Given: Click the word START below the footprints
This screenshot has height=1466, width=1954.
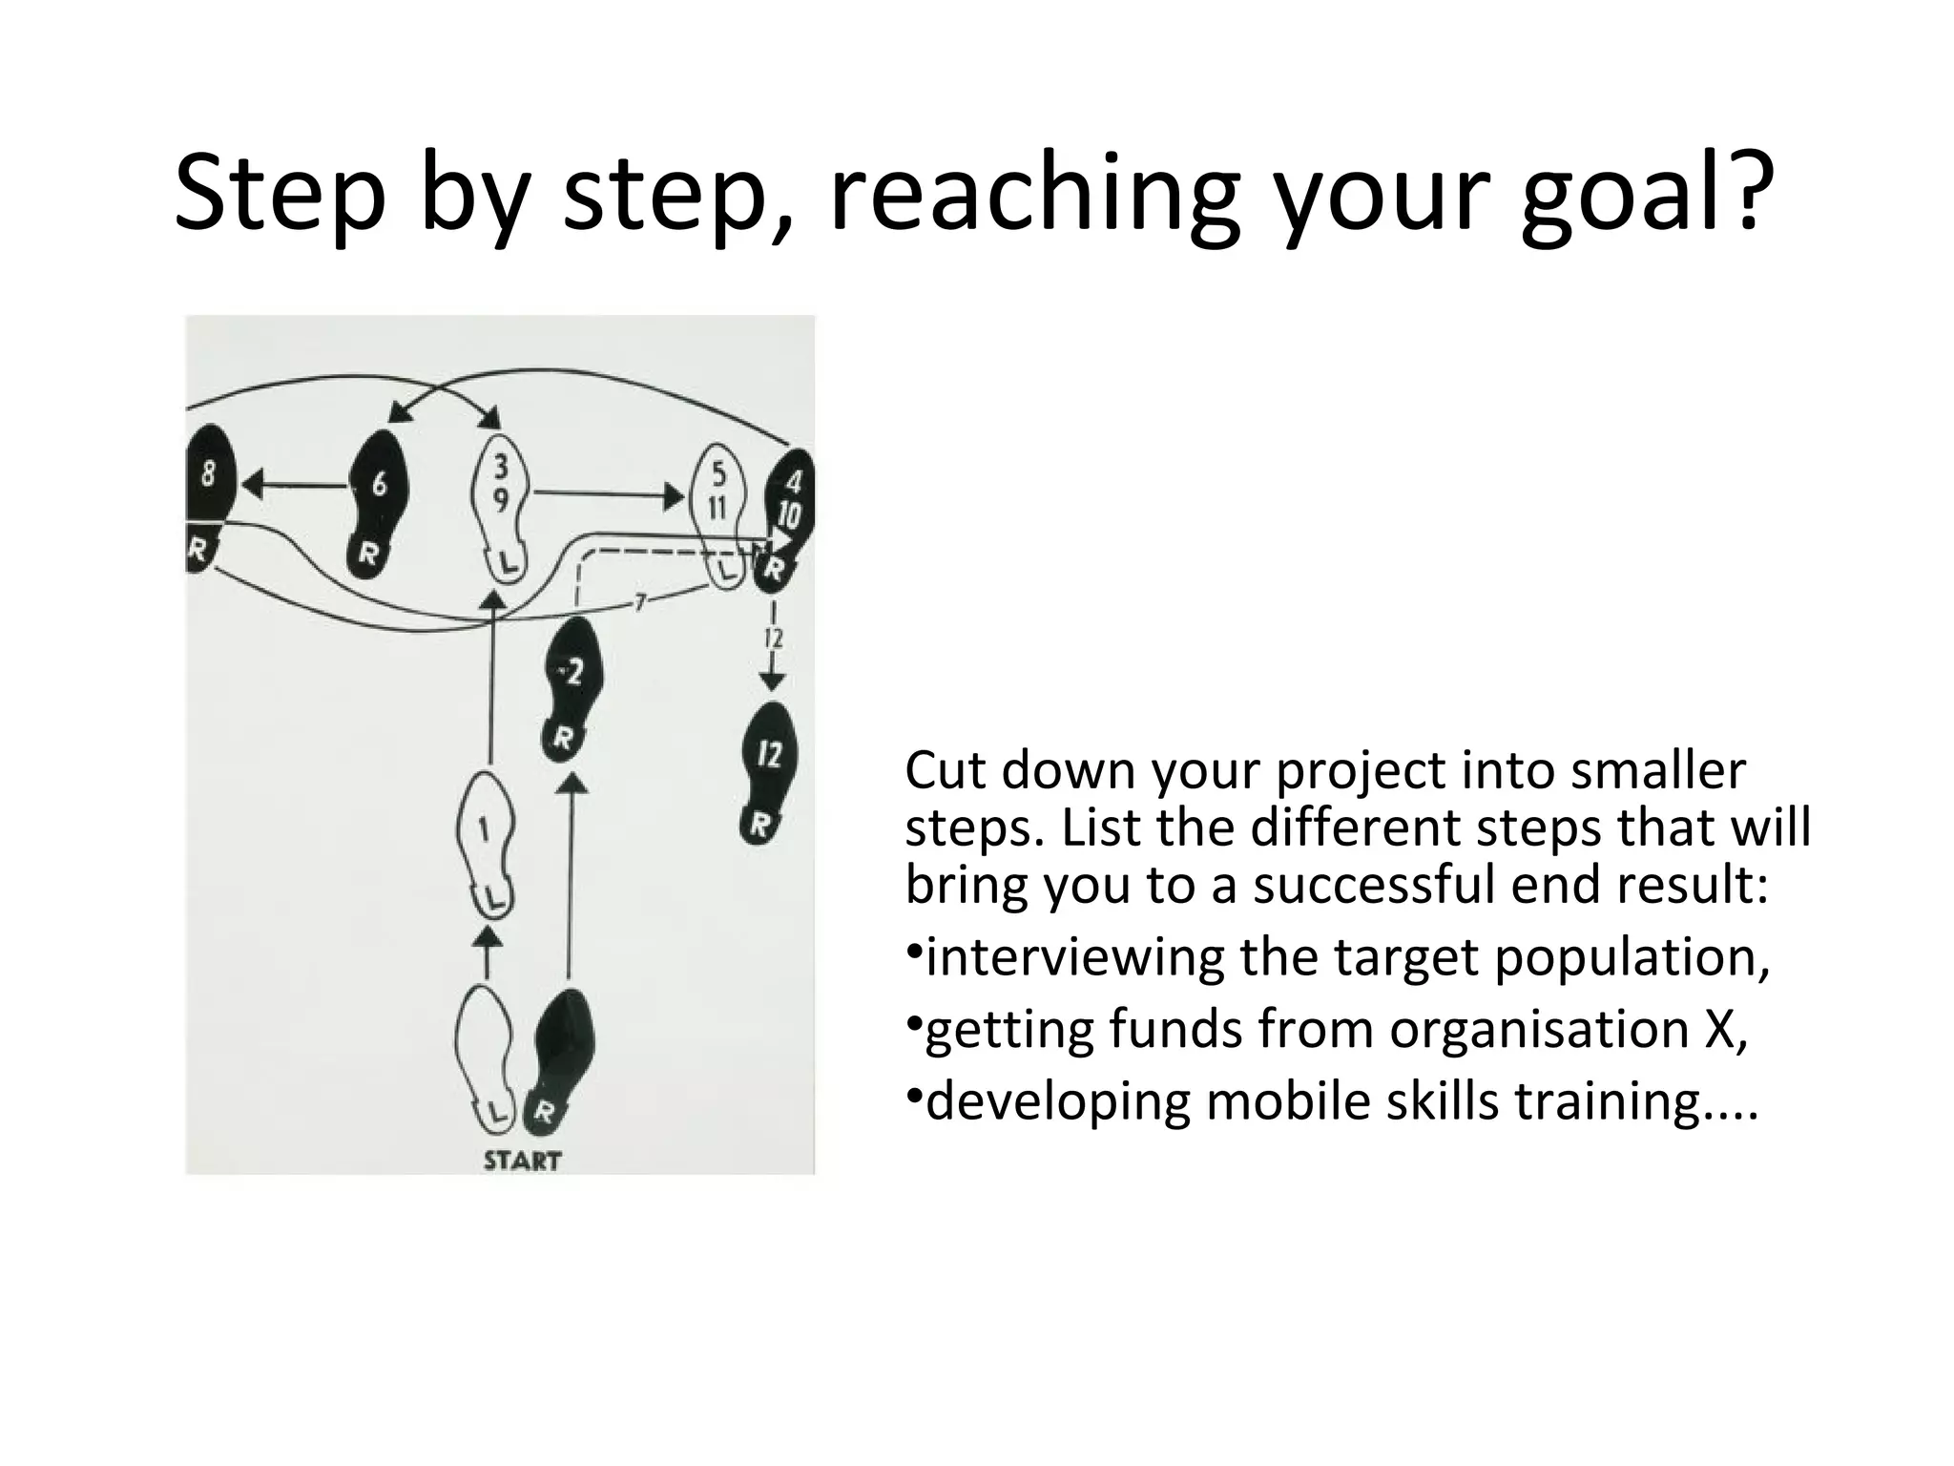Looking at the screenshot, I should click(522, 1161).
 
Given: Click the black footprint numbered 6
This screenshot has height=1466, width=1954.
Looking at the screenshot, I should click(378, 502).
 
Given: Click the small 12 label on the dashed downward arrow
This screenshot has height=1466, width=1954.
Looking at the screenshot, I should click(774, 638).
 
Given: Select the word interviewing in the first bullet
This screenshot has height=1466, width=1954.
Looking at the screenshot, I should click(1074, 956).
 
